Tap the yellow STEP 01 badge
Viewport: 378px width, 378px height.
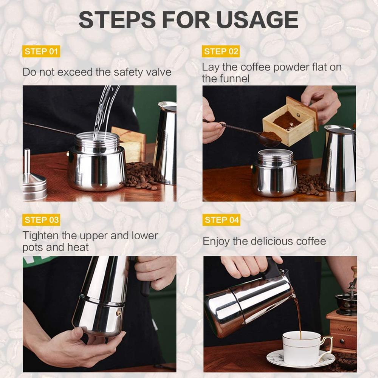point(42,51)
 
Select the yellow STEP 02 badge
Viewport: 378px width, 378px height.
point(222,51)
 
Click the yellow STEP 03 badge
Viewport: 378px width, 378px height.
point(42,220)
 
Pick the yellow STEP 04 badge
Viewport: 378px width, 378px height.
point(222,220)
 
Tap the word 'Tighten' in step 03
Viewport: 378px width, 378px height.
point(41,235)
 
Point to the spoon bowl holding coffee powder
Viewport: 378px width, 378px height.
point(269,137)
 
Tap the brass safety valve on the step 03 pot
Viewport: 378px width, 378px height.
point(118,313)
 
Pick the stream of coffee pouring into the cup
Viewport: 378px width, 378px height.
point(299,316)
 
